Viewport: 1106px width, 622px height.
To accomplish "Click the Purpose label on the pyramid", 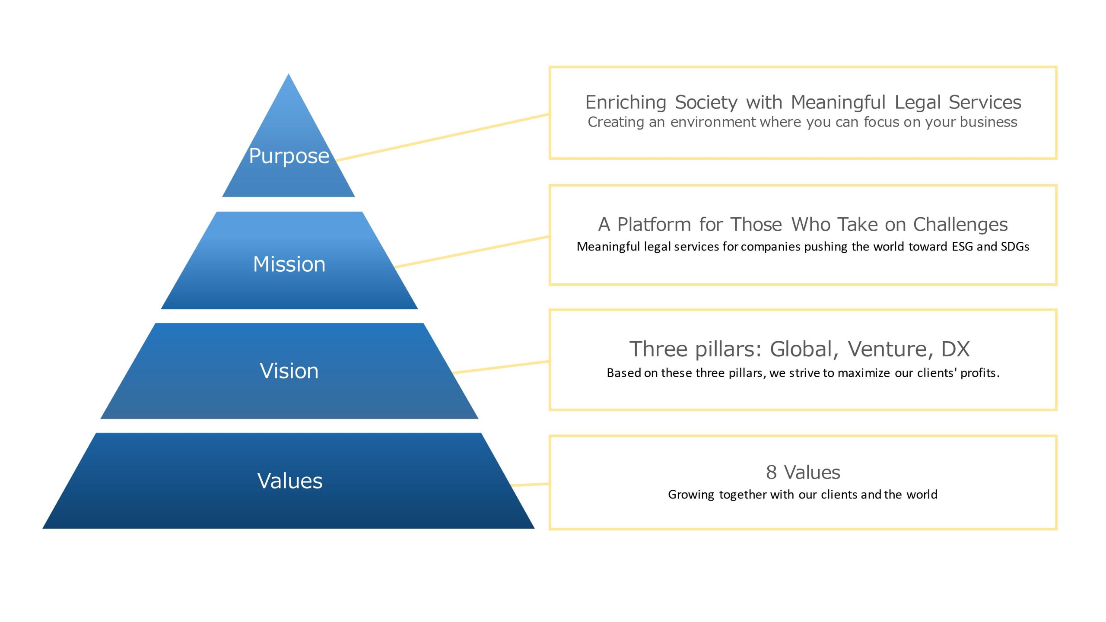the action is [289, 156].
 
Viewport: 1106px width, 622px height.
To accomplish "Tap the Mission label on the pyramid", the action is [289, 264].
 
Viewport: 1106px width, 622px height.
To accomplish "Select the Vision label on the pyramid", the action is [289, 371].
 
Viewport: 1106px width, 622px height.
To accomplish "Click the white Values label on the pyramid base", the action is [290, 480].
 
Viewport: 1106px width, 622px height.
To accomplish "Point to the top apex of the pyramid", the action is [289, 74].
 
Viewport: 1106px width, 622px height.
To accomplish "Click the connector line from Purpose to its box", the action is [442, 137].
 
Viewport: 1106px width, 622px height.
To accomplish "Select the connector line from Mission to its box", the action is [472, 252].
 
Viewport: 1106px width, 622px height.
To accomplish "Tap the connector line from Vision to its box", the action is [501, 367].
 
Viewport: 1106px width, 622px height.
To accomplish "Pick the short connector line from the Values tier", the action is [530, 485].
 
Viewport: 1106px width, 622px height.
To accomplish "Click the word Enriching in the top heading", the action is [626, 103].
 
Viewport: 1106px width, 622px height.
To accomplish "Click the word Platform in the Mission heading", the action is [654, 225].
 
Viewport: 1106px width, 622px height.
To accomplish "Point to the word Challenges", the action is [960, 225].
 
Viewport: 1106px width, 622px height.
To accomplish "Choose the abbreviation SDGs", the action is [1015, 246].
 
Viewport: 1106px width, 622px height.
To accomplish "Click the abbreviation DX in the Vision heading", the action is [956, 349].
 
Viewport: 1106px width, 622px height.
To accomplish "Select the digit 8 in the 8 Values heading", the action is [771, 472].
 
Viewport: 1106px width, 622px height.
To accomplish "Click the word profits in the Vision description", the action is [980, 373].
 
